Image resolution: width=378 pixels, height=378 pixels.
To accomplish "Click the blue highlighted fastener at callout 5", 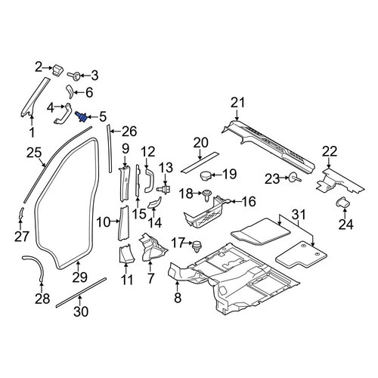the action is [82, 117].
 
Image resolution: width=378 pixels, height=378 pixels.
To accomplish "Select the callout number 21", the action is [238, 104].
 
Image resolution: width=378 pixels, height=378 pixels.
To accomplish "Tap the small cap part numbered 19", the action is [205, 175].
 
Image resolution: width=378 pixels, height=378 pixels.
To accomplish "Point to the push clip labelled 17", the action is [196, 246].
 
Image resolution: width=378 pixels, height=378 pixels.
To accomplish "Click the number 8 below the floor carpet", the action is [178, 298].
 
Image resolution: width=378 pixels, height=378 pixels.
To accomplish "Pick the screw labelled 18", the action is [207, 195].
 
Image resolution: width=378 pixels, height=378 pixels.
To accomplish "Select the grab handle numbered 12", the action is [149, 181].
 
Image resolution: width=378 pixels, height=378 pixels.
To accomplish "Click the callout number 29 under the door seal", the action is [80, 277].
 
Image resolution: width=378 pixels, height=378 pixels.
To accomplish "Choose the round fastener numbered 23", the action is [294, 178].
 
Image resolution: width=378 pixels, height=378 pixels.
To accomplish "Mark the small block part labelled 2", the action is [57, 70].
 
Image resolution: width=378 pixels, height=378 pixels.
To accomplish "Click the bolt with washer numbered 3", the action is [74, 75].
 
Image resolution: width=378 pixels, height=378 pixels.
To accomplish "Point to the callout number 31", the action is [299, 215].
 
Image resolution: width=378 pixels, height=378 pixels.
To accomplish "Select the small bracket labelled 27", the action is [21, 214].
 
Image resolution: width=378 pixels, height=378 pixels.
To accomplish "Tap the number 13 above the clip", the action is [166, 168].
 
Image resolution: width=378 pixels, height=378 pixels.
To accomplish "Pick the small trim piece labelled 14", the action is [154, 203].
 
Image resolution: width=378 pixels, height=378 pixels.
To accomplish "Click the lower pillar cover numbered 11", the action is [126, 253].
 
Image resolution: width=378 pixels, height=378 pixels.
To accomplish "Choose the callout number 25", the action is [34, 153].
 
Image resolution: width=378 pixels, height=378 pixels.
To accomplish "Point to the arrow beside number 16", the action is [235, 201].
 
